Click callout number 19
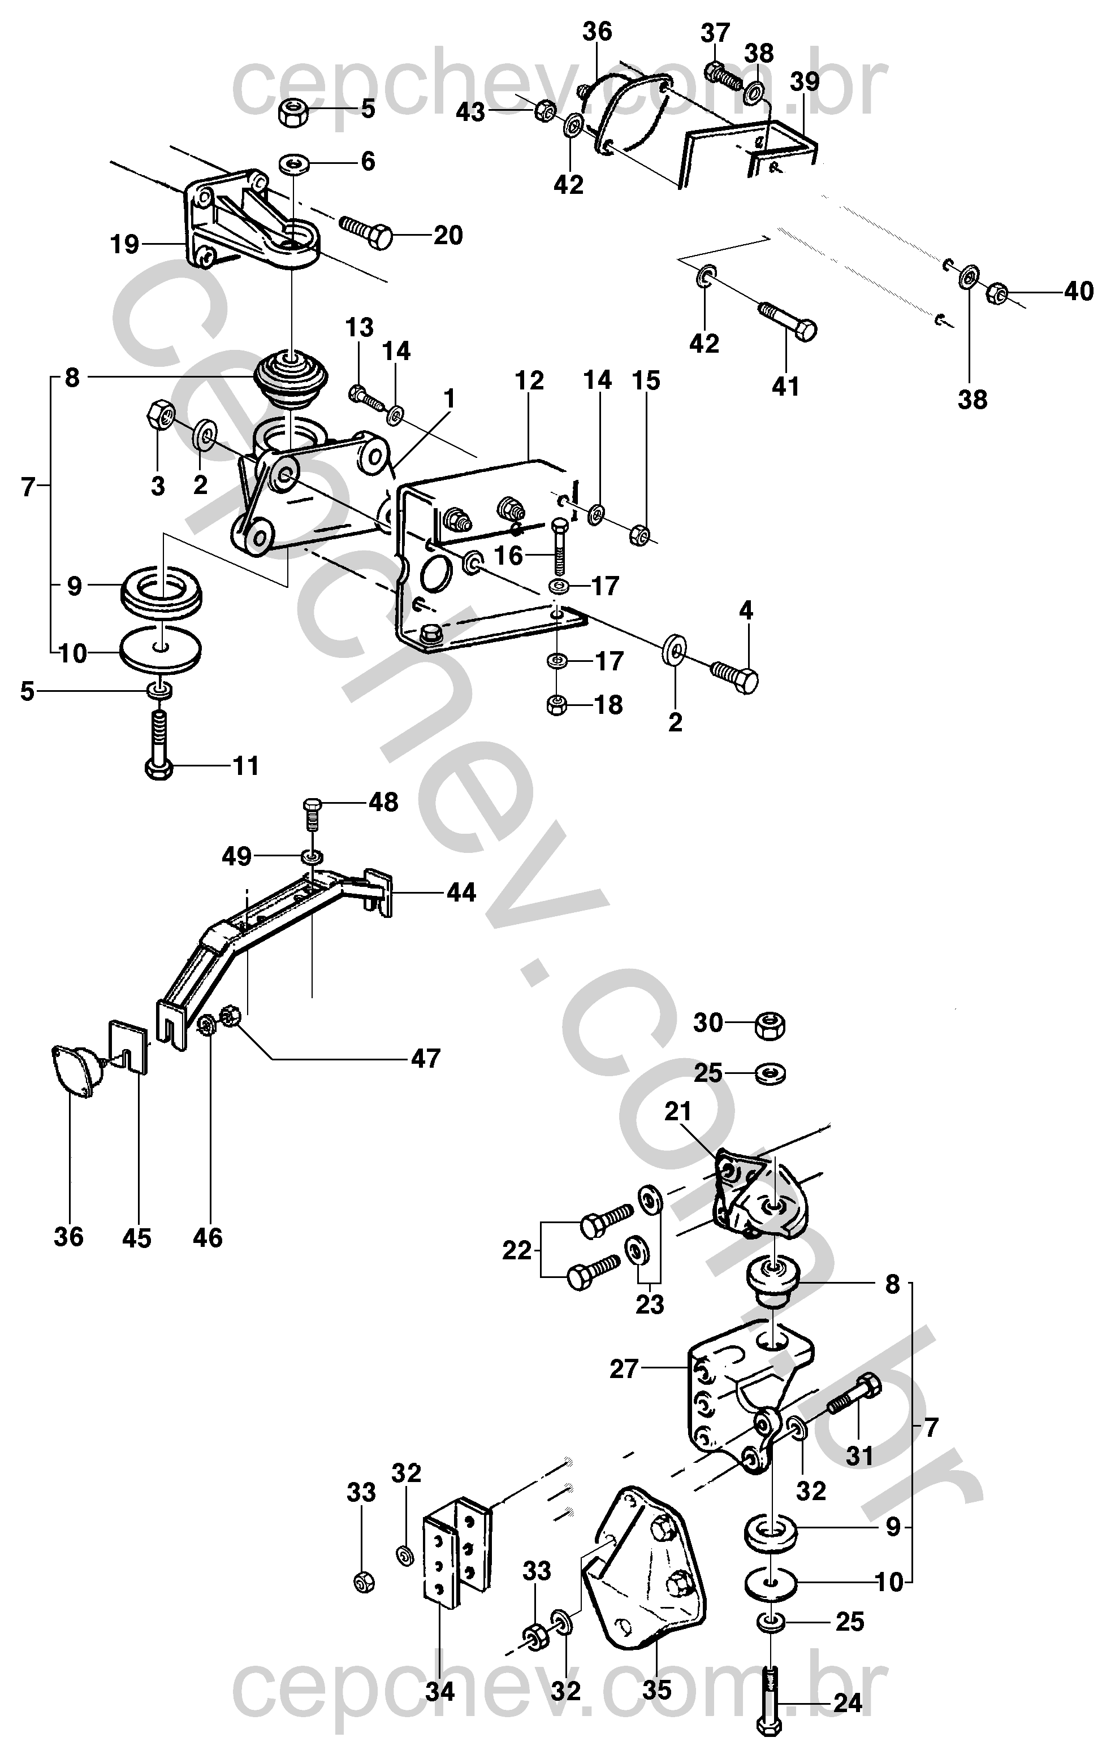tap(124, 244)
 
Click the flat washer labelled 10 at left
tap(160, 649)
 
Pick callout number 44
tap(461, 892)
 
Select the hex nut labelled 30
tap(770, 1025)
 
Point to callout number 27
tap(624, 1368)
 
